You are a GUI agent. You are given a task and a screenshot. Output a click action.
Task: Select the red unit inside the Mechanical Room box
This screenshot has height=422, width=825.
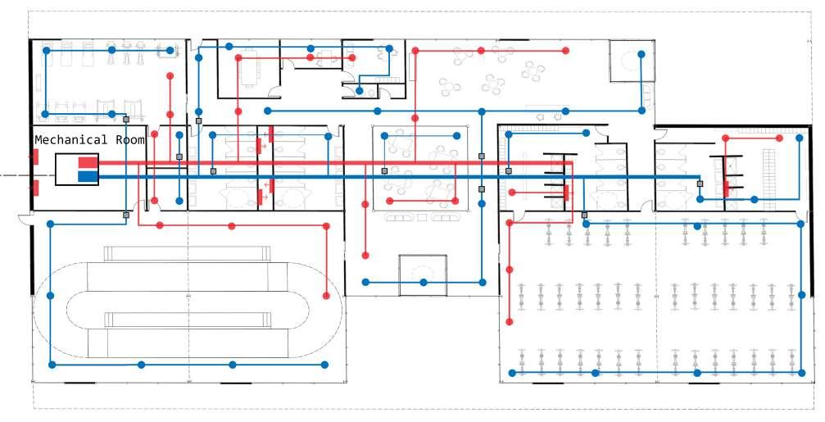point(87,163)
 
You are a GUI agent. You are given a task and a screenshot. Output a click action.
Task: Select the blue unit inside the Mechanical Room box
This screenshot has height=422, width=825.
point(87,175)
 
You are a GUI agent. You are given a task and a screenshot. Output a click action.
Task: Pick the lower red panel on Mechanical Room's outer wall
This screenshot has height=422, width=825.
point(35,188)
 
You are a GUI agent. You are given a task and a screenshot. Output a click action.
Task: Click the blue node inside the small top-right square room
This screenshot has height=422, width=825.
point(641,54)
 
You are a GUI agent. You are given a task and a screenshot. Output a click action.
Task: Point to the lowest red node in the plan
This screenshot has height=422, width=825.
point(510,322)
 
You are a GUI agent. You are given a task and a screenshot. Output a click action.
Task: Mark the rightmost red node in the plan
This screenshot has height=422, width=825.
point(798,139)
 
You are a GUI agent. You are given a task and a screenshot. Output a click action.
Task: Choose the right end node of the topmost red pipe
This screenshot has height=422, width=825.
point(565,50)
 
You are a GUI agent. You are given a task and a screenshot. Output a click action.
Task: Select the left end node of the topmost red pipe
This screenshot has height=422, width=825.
point(415,50)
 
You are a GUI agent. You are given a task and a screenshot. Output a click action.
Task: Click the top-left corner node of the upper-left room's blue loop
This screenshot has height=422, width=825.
point(47,50)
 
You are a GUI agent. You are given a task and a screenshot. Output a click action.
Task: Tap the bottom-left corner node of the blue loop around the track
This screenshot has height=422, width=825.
point(51,365)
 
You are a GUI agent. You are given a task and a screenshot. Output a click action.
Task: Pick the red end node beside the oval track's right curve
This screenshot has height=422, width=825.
point(327,296)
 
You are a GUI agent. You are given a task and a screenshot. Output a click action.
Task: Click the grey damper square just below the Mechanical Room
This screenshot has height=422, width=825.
point(126,215)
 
